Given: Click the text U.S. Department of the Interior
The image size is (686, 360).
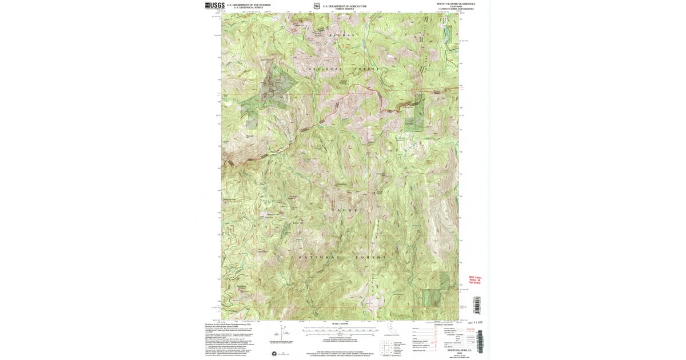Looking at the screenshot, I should [248, 5].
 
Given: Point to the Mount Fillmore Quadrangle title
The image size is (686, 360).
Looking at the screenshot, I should [456, 4].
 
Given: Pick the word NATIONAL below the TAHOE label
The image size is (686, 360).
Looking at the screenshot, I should [318, 258].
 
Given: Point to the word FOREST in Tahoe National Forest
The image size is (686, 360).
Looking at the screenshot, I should [370, 258].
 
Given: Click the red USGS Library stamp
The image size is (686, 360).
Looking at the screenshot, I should [475, 279].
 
